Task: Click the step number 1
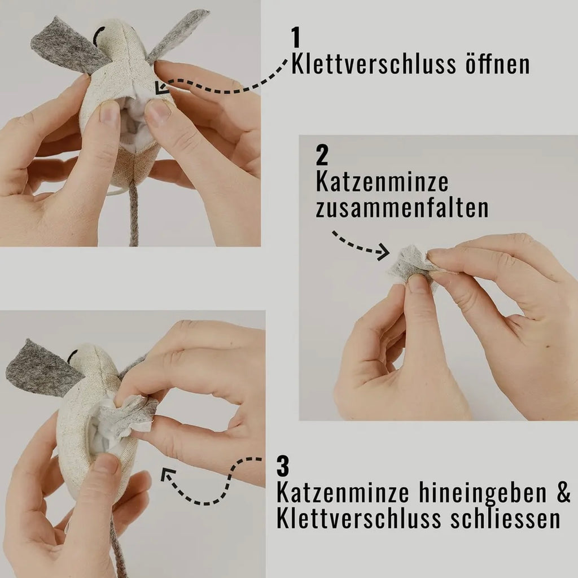pos(296,37)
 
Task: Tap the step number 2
pos(322,156)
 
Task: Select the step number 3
pos(283,467)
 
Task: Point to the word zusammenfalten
pos(402,208)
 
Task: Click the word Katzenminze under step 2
pos(382,182)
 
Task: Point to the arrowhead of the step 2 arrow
pos(384,252)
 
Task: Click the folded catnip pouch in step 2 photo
pos(409,264)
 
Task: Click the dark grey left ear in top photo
pos(65,45)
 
